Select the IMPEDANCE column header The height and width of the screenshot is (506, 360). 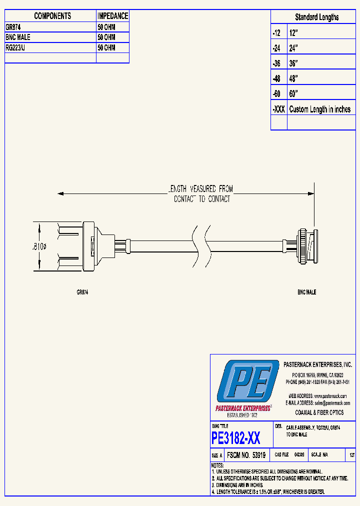[x=112, y=16]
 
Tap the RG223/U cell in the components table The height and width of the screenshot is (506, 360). [x=18, y=47]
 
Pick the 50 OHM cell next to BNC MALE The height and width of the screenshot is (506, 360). [x=106, y=37]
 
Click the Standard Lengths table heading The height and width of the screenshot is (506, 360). [x=316, y=17]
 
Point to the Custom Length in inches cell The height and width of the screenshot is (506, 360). [x=320, y=109]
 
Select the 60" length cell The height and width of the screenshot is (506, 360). [x=293, y=94]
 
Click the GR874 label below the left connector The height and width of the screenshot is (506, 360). [x=82, y=292]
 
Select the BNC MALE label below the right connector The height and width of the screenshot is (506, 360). [x=306, y=292]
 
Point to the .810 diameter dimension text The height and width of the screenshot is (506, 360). [x=39, y=246]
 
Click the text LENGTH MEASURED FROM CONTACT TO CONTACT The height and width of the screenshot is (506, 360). [x=201, y=193]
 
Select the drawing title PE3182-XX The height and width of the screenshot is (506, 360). [x=236, y=438]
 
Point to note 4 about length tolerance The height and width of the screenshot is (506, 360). [x=268, y=491]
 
